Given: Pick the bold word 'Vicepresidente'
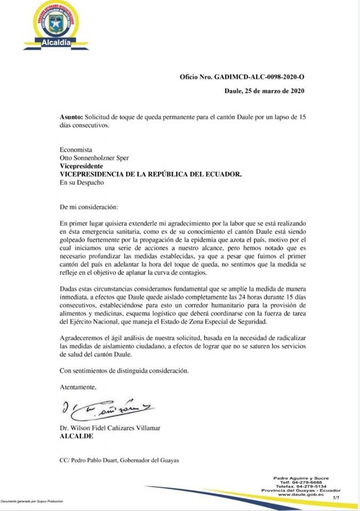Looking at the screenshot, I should [x=81, y=166].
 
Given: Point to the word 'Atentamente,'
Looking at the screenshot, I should [x=78, y=386].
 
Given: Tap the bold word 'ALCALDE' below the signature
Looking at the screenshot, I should [x=77, y=436].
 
